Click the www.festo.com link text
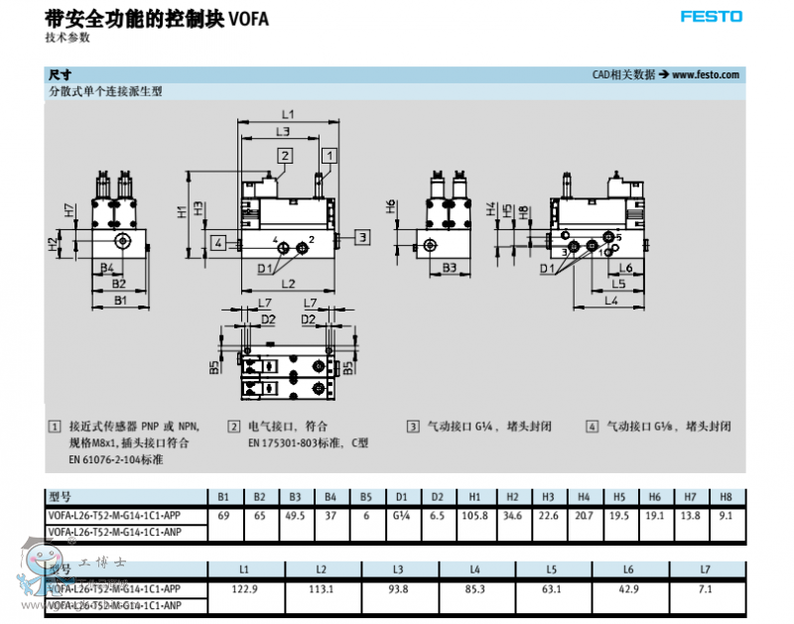[706, 74]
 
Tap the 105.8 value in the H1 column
[475, 516]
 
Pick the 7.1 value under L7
[706, 589]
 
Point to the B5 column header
[366, 496]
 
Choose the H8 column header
[728, 496]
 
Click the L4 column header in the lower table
[474, 569]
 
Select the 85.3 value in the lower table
[474, 589]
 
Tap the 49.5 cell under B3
[295, 516]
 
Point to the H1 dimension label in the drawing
[181, 211]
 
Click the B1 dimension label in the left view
[119, 299]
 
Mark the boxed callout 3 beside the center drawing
[363, 236]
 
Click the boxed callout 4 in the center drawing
[217, 241]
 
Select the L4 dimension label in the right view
[611, 299]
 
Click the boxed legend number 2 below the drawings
[234, 427]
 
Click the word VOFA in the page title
[249, 18]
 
